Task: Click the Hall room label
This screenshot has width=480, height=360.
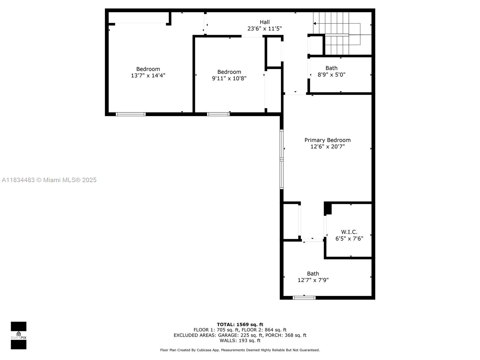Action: pyautogui.click(x=264, y=22)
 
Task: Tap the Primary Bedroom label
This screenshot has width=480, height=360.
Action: pyautogui.click(x=327, y=140)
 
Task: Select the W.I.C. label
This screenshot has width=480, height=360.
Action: pyautogui.click(x=349, y=232)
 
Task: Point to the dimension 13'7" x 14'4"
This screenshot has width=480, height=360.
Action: pyautogui.click(x=148, y=76)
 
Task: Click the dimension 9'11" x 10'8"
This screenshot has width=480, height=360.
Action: pyautogui.click(x=229, y=79)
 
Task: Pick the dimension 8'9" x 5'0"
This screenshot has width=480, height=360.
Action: pyautogui.click(x=331, y=75)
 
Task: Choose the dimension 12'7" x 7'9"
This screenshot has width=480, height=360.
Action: pyautogui.click(x=313, y=280)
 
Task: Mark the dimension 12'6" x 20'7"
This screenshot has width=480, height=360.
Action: pyautogui.click(x=327, y=146)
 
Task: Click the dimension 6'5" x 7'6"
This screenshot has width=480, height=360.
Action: pyautogui.click(x=349, y=238)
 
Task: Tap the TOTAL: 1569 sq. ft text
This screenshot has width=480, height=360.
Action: pyautogui.click(x=240, y=324)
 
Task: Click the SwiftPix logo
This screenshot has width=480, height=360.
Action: pyautogui.click(x=19, y=335)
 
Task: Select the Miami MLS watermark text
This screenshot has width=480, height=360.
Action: pyautogui.click(x=49, y=180)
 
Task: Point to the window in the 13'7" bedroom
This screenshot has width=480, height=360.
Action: pyautogui.click(x=130, y=114)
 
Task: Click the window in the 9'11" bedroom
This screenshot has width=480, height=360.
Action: pyautogui.click(x=218, y=114)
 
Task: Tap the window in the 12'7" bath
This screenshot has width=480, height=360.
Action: pyautogui.click(x=304, y=298)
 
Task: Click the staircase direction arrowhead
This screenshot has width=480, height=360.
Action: pyautogui.click(x=314, y=23)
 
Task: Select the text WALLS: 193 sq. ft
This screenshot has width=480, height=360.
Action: pyautogui.click(x=240, y=340)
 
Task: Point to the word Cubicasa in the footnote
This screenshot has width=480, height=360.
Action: pyautogui.click(x=204, y=350)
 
